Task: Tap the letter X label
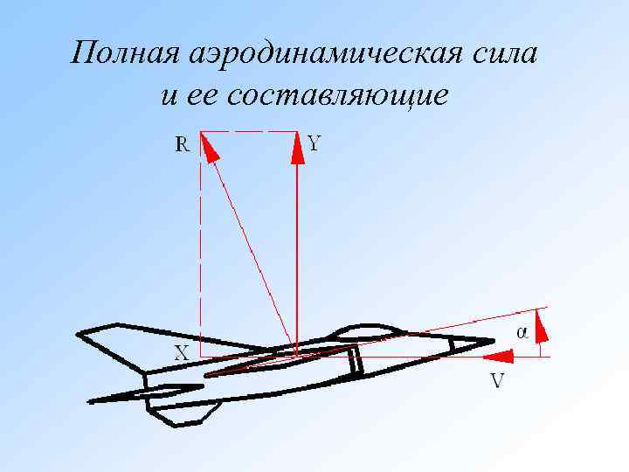(x=182, y=352)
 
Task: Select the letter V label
(x=497, y=381)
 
